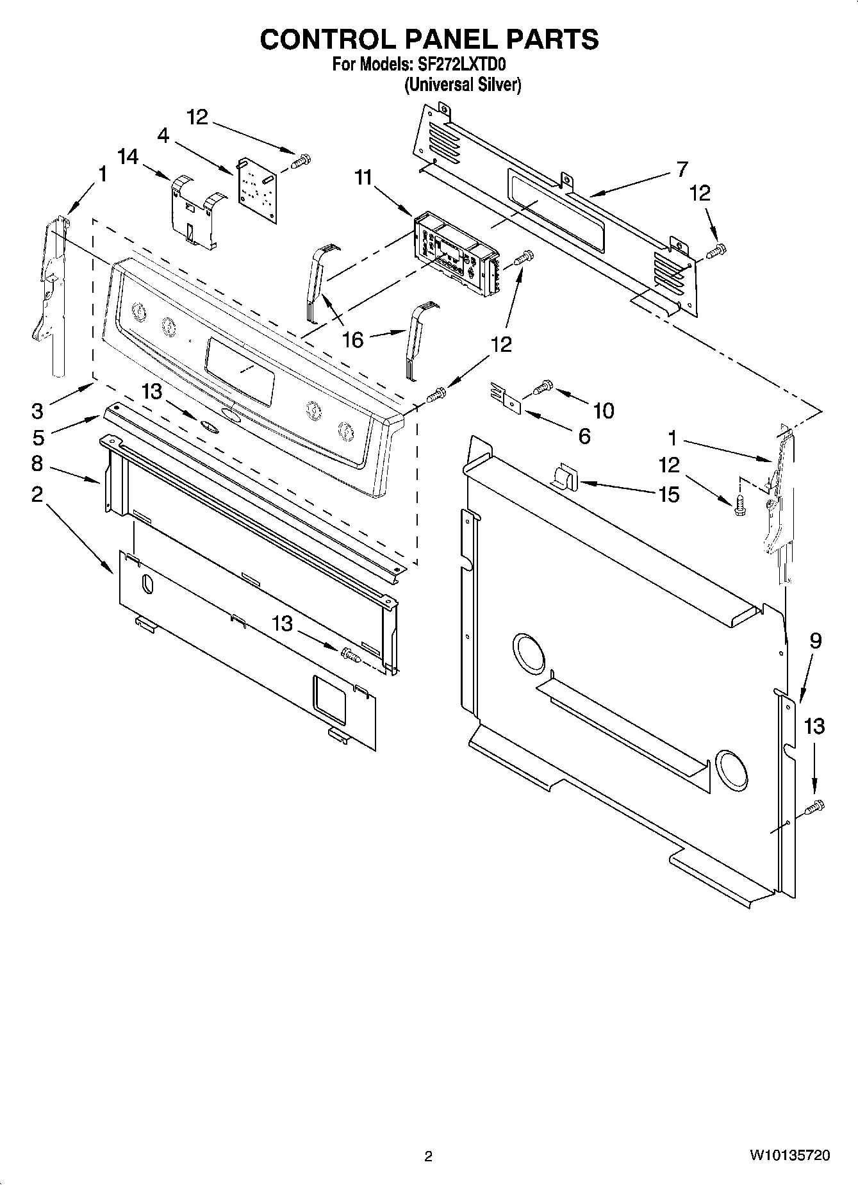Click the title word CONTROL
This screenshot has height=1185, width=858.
327,40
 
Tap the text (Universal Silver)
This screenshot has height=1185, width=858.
462,85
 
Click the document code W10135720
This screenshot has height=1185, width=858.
789,1156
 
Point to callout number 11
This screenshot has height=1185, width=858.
364,178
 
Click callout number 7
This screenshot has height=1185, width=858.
682,169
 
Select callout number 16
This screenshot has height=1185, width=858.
353,339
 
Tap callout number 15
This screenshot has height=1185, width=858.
668,494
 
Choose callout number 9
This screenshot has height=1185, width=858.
815,641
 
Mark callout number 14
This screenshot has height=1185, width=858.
128,156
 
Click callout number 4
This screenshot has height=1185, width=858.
163,136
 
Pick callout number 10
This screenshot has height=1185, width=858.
604,410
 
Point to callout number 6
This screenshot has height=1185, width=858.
584,436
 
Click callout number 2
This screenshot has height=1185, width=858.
37,494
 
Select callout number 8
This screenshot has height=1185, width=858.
37,463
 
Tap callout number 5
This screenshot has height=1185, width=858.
38,437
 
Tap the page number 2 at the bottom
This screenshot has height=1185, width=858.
429,1156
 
